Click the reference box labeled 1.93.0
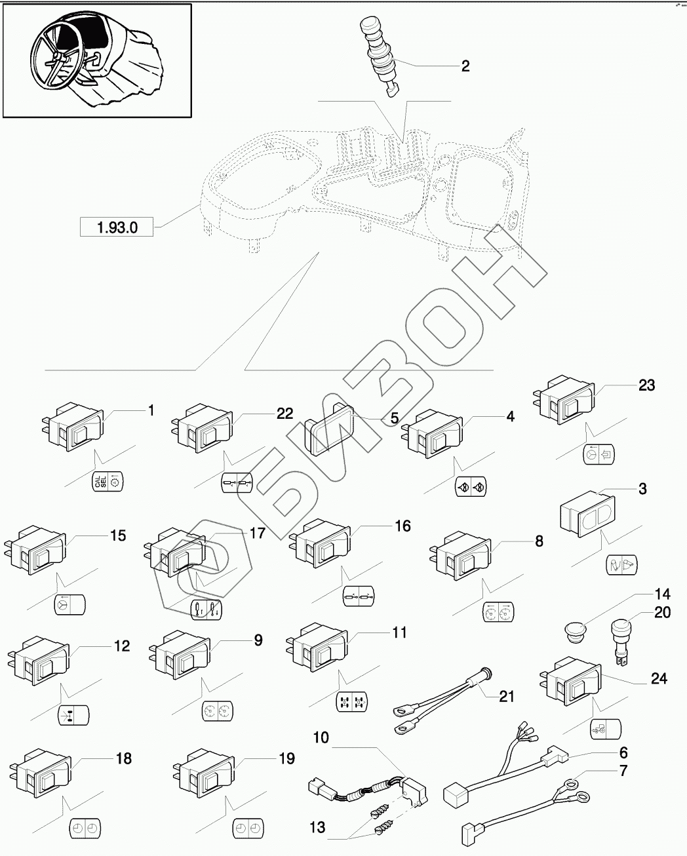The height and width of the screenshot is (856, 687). [x=116, y=228]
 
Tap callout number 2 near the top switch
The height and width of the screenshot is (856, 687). [x=465, y=66]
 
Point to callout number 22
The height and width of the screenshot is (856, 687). [x=285, y=413]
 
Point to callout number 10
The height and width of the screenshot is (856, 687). [x=321, y=738]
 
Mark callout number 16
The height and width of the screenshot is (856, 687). [x=402, y=526]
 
